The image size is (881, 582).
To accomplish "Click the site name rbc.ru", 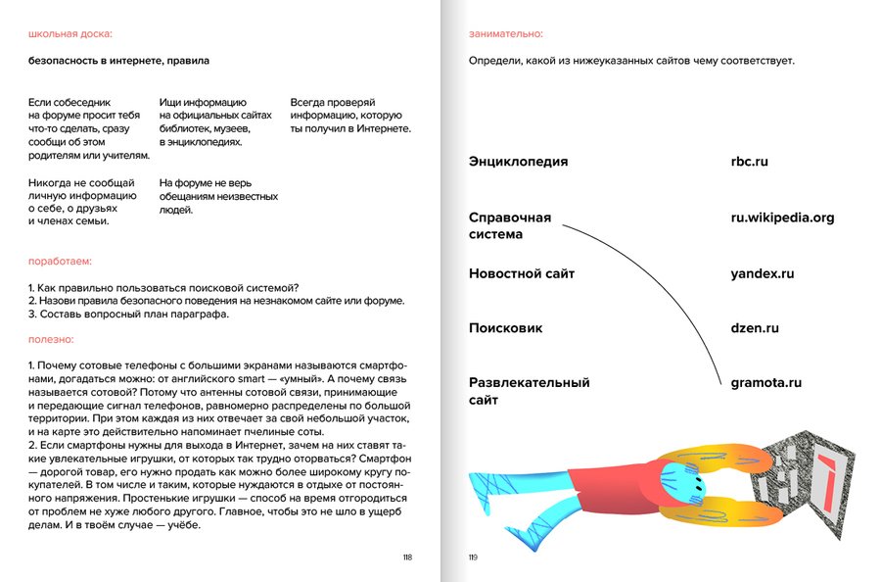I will point(749,162).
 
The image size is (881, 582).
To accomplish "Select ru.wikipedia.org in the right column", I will point(782,218).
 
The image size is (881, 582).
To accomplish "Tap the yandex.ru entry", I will point(762,274).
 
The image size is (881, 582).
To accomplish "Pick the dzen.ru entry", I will point(755,328).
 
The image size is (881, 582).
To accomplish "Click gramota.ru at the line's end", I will point(766,383).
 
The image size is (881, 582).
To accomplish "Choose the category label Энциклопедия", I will point(518,162).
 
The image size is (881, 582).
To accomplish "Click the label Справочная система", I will point(510,226).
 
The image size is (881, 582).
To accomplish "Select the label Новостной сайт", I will point(522,274).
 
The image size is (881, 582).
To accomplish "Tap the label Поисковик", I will point(505,328).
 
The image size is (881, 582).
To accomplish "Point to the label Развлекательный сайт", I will point(529,391).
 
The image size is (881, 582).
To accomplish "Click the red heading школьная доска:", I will point(70,34).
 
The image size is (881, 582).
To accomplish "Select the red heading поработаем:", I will point(61,263).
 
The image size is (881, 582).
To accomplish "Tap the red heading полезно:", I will point(51,339).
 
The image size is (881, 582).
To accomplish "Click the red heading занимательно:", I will point(506,34).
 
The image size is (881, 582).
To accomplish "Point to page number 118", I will point(407,557).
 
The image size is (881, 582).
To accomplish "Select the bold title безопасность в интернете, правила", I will point(118,61).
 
